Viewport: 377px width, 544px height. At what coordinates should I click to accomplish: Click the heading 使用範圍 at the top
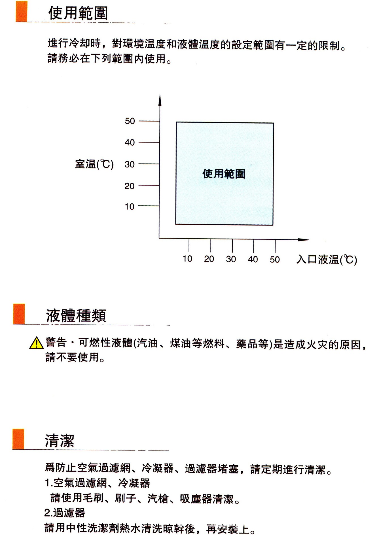[x=78, y=13]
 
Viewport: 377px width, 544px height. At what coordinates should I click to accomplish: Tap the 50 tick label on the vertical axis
[x=130, y=121]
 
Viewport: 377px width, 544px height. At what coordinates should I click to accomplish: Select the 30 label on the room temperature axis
[x=130, y=164]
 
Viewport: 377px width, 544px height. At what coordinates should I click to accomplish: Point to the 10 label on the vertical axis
[x=130, y=207]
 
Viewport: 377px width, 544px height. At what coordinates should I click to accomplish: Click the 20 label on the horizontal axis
[x=209, y=259]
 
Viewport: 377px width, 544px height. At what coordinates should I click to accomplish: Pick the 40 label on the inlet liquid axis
[x=253, y=259]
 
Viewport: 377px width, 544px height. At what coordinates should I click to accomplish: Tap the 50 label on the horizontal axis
[x=275, y=259]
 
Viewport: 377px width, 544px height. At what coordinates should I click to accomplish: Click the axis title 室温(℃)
[x=94, y=164]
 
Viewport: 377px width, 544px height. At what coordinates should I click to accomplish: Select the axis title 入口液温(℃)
[x=327, y=259]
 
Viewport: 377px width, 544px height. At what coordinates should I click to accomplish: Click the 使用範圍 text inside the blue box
[x=224, y=174]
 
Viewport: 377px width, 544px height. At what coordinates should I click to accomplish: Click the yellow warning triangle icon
[x=36, y=343]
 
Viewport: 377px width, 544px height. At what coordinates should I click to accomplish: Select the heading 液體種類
[x=76, y=316]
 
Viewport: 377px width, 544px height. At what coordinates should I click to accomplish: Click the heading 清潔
[x=60, y=441]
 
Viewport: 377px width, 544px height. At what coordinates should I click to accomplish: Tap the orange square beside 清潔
[x=18, y=439]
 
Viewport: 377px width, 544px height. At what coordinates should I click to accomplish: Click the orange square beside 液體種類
[x=19, y=314]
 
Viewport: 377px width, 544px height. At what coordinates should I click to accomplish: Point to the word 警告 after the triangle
[x=56, y=342]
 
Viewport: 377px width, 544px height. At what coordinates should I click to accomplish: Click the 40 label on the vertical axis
[x=130, y=142]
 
